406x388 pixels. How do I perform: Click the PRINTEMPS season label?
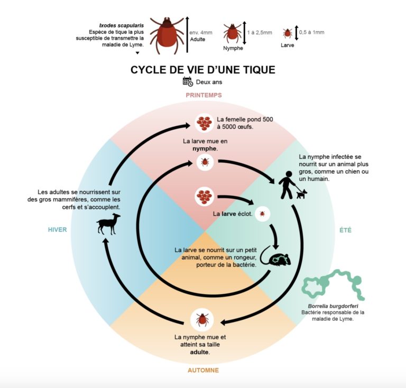(x=204, y=95)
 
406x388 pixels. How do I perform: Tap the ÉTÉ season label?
(x=345, y=230)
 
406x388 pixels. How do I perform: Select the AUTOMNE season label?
(x=203, y=370)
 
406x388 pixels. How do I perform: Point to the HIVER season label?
(x=57, y=230)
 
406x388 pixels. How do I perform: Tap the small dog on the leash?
(x=301, y=194)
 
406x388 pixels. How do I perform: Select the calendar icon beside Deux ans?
(x=188, y=81)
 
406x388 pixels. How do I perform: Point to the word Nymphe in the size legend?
(x=233, y=48)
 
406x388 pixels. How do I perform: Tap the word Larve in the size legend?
(x=288, y=46)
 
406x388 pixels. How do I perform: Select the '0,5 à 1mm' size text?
(x=311, y=32)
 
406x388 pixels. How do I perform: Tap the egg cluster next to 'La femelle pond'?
(x=204, y=123)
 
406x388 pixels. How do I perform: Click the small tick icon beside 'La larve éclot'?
(x=261, y=214)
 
